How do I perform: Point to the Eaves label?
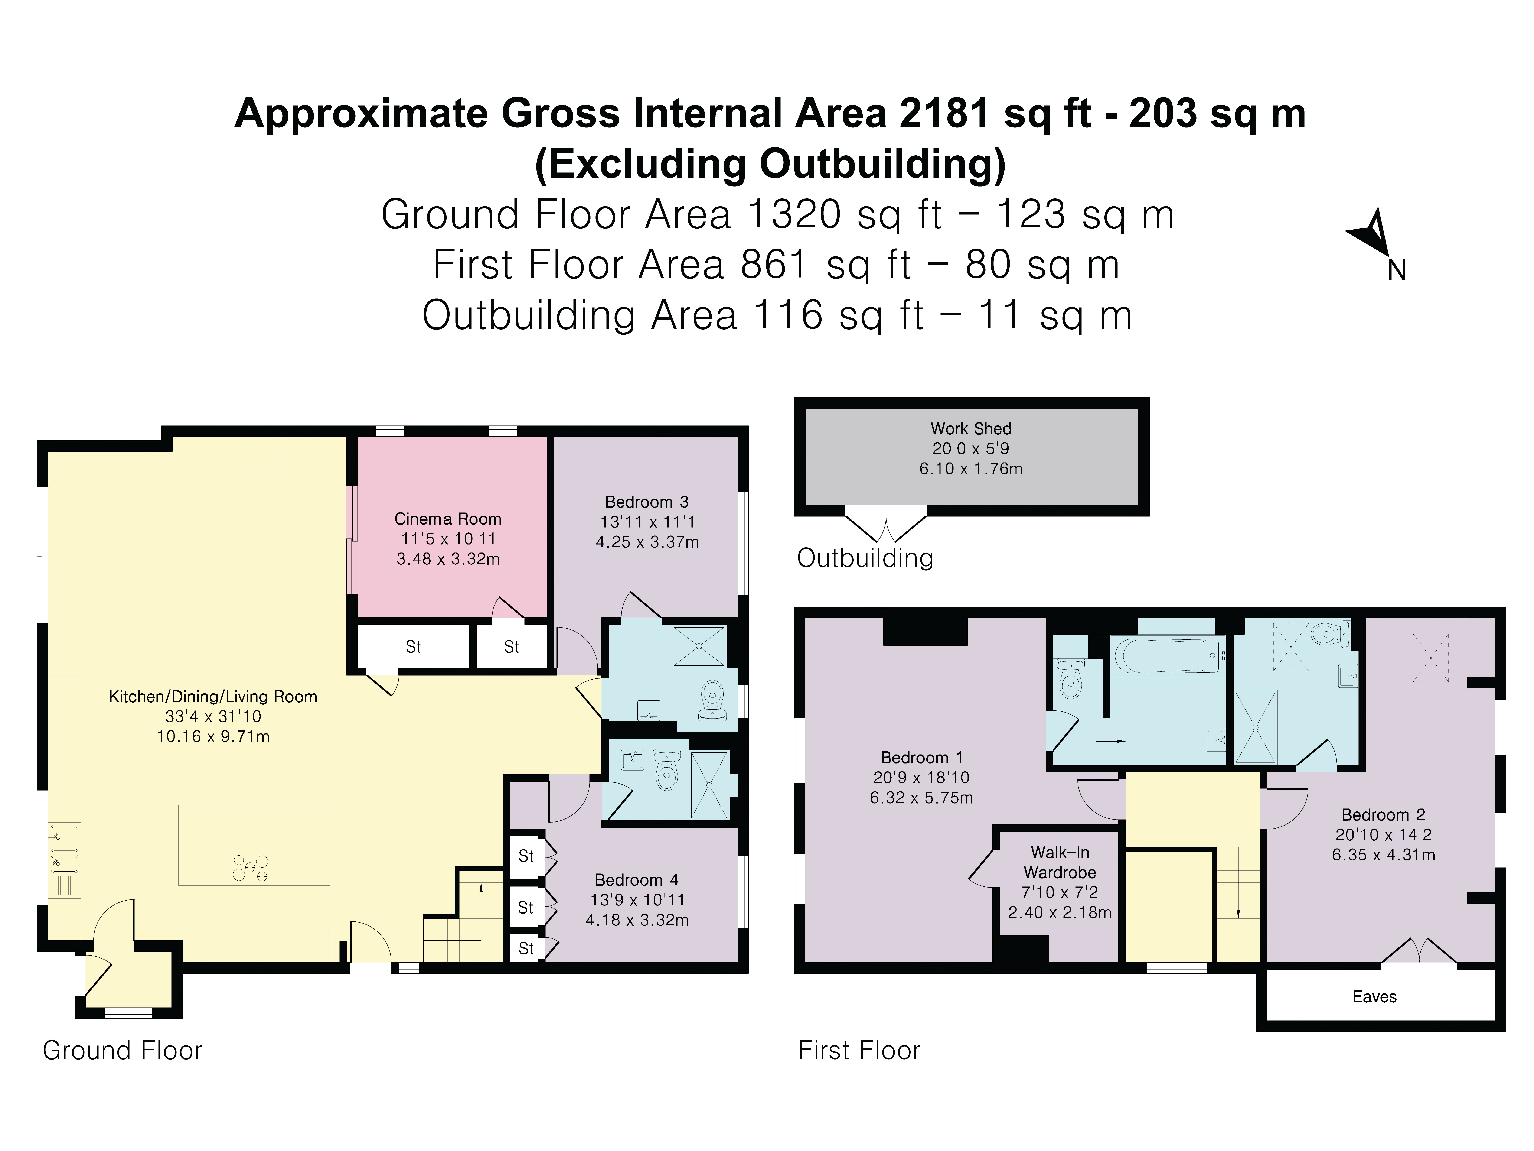point(1374,997)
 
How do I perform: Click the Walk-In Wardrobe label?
point(1060,862)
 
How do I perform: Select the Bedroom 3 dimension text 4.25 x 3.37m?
point(647,542)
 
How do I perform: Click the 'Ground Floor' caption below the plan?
point(122,1050)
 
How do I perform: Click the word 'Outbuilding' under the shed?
point(865,558)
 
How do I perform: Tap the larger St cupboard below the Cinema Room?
point(413,647)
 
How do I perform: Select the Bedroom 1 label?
point(921,758)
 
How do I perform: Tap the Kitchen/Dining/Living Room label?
point(213,697)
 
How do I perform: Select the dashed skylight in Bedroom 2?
point(1431,658)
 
